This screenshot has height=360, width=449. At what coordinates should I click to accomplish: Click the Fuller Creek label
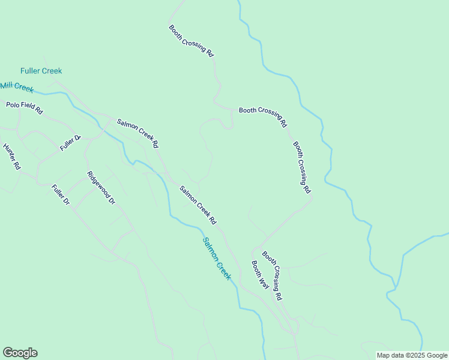[41, 71]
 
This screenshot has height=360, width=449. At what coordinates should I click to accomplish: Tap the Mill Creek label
[17, 87]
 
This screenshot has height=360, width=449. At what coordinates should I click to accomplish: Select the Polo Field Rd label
[25, 108]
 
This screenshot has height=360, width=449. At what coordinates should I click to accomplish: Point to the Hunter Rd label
[12, 156]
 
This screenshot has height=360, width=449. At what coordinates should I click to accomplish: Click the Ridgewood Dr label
[101, 188]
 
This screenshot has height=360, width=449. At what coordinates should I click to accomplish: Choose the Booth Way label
[260, 275]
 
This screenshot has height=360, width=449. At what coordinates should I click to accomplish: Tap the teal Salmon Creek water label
[217, 259]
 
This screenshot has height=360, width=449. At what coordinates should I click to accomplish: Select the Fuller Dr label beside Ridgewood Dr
[61, 195]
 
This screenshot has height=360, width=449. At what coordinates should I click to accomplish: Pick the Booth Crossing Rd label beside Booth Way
[272, 275]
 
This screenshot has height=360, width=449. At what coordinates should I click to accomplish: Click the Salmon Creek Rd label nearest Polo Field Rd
[137, 133]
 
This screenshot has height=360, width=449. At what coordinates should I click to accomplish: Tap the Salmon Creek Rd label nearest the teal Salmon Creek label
[198, 205]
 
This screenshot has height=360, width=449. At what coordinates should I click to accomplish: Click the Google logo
[20, 353]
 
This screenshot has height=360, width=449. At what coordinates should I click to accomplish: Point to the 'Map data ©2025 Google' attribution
[411, 355]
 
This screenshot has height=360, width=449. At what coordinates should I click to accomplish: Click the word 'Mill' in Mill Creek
[7, 85]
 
